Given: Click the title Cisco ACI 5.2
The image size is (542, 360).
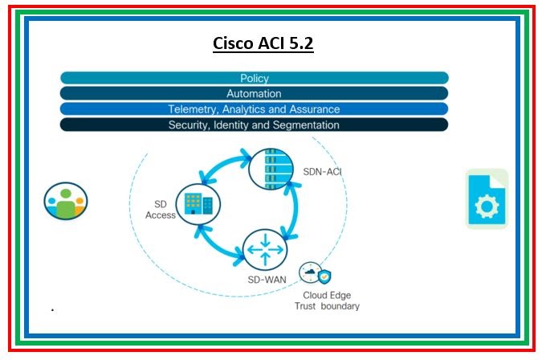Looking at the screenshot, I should [x=263, y=43].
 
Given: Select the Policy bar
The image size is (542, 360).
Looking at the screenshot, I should [x=254, y=78].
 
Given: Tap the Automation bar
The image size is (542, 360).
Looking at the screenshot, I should [x=254, y=93].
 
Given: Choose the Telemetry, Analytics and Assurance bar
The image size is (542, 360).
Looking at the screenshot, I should [x=254, y=108].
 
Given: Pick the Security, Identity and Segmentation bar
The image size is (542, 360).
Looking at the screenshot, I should [x=254, y=125].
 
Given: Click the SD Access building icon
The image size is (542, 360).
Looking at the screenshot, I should [x=194, y=204].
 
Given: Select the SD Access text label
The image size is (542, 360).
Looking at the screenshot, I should [x=161, y=209].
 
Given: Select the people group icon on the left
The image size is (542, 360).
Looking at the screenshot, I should [x=66, y=201].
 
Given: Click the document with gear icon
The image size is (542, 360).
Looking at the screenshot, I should [x=487, y=199].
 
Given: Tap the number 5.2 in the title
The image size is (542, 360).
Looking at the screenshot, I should [x=299, y=43].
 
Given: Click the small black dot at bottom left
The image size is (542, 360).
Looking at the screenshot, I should [x=52, y=309].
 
